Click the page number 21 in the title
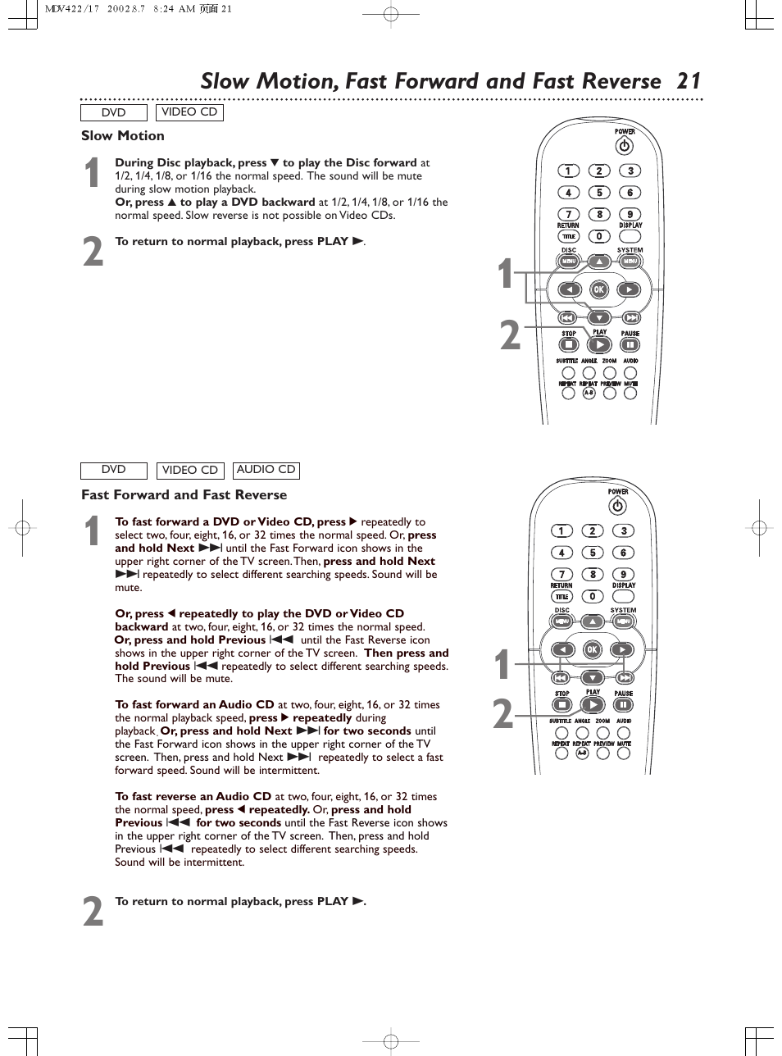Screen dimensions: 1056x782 click(689, 81)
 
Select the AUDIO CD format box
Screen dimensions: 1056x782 click(266, 470)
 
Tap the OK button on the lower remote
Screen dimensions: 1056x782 click(592, 650)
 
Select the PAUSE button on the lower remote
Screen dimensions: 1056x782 click(624, 705)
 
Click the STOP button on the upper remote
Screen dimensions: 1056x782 click(568, 345)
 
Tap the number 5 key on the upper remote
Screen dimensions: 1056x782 click(599, 193)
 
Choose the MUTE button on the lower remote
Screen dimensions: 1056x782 click(624, 753)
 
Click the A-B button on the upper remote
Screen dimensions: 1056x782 click(589, 393)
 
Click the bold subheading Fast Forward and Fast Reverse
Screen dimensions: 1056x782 click(184, 495)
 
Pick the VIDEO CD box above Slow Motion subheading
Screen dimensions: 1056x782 click(189, 112)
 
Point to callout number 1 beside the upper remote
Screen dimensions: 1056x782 click(507, 275)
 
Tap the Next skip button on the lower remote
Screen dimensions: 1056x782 click(625, 677)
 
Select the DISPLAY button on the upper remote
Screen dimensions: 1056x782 click(630, 236)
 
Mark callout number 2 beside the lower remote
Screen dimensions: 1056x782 click(502, 715)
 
